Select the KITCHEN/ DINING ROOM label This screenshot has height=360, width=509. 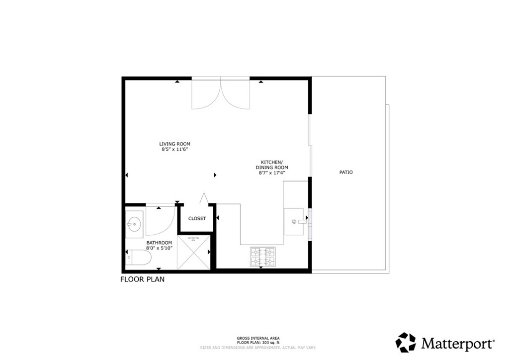(272, 165)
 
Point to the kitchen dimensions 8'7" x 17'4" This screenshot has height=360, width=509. (272, 173)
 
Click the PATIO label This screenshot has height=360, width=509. (346, 172)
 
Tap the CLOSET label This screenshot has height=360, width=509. (197, 218)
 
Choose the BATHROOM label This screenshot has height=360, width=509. (159, 243)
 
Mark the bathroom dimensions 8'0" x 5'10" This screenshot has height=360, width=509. (159, 248)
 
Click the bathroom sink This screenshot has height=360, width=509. (133, 224)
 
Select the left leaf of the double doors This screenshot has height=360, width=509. (206, 94)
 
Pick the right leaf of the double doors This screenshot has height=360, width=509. (235, 94)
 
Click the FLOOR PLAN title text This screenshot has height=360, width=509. (142, 279)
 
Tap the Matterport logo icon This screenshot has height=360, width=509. (406, 343)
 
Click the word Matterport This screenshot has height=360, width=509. (457, 343)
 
